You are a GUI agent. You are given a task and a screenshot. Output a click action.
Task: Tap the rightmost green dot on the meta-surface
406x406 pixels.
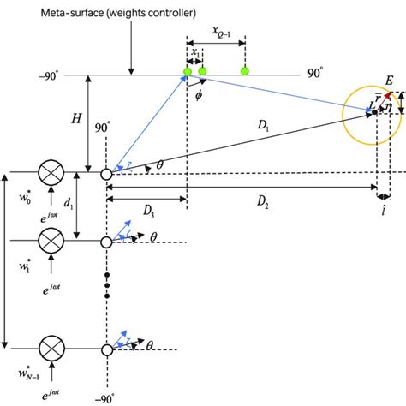tap(245, 70)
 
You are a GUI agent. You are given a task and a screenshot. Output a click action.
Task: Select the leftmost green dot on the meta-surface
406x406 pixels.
tap(187, 70)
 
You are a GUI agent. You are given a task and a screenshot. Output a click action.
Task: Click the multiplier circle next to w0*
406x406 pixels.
tap(51, 175)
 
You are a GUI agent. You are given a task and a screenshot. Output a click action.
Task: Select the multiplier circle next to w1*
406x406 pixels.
tap(51, 242)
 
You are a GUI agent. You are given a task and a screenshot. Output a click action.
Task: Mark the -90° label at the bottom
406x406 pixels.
tap(106, 397)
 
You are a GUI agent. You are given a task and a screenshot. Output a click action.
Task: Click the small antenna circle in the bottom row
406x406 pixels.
tap(106, 349)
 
